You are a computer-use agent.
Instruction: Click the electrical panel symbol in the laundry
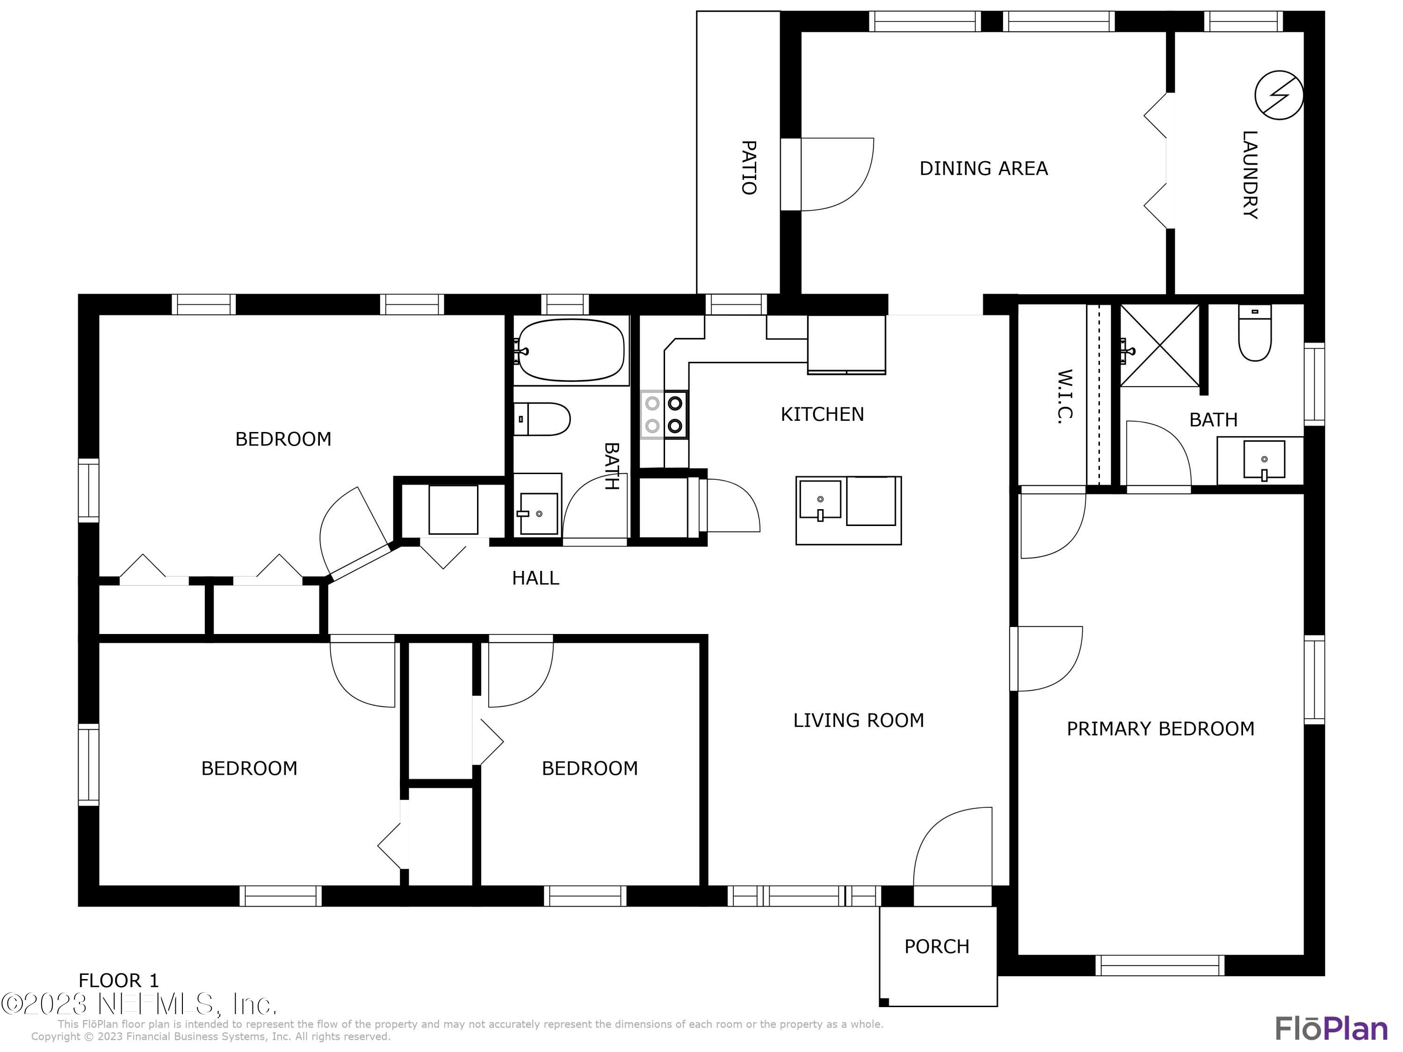(1279, 95)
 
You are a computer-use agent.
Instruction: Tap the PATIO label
(749, 167)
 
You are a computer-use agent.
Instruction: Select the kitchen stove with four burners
(664, 414)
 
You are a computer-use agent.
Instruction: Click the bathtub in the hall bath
(571, 351)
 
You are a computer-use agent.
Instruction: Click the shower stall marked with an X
(1159, 346)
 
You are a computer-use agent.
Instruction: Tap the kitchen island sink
(819, 500)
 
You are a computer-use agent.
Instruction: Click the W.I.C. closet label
(1065, 396)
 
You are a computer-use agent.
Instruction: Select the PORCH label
(936, 947)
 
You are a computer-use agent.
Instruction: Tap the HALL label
(535, 578)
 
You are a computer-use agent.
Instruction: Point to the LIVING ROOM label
(858, 721)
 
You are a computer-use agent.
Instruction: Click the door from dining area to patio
(831, 174)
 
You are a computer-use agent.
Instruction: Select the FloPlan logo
(1331, 1028)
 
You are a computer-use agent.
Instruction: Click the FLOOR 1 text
(119, 981)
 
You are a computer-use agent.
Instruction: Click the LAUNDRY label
(1249, 174)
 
